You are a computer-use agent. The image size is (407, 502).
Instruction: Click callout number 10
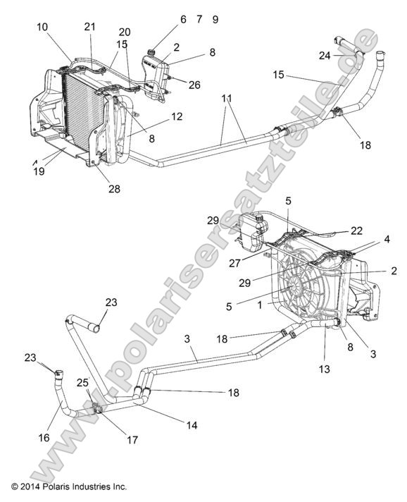42,26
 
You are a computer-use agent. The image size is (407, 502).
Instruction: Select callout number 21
89,26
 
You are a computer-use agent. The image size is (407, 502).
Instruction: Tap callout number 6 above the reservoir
183,20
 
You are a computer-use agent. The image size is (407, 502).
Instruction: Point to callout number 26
194,85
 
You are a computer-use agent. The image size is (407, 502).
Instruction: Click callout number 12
177,116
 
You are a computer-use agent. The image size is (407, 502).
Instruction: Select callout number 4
386,240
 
